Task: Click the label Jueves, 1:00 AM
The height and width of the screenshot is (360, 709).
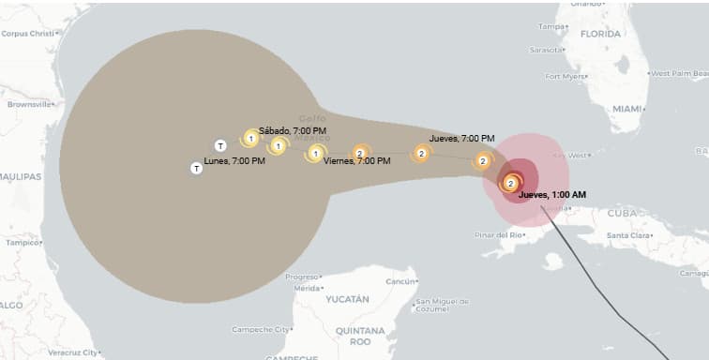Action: coord(552,195)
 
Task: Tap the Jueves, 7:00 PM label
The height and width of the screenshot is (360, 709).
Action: coord(461,139)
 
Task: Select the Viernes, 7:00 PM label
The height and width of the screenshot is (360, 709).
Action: coord(356,161)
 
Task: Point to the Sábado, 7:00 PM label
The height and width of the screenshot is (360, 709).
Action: coord(293,130)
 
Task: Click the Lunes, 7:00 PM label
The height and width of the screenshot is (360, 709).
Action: coord(234,161)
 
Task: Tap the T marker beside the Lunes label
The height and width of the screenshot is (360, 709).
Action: coord(196,169)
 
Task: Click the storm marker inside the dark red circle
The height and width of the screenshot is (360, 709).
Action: coord(511,184)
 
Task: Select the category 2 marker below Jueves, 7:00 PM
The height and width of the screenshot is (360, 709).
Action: coord(483,161)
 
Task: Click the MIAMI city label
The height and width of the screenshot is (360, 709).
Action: coord(627,109)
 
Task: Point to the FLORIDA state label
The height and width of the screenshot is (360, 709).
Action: coord(600,34)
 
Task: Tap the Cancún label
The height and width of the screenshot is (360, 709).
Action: coord(400,281)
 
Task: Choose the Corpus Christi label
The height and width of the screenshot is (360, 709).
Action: coord(29,34)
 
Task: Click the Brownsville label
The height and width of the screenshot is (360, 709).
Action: coord(27,105)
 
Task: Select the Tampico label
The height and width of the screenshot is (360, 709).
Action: coord(22,242)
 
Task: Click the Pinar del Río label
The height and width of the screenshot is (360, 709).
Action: coord(498,234)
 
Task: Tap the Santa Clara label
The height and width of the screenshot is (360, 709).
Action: coord(630,235)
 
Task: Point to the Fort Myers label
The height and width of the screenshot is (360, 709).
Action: coord(566,76)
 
